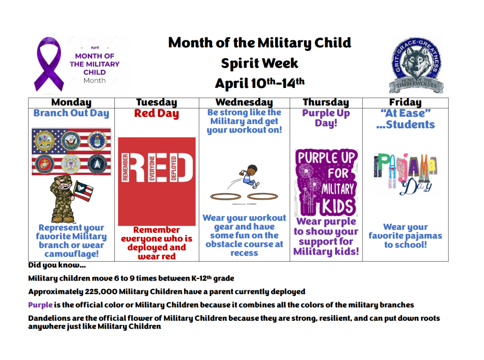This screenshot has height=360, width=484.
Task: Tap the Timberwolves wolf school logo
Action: (x=416, y=65)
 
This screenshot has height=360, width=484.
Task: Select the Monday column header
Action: (x=71, y=102)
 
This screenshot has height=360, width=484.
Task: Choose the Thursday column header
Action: (x=326, y=102)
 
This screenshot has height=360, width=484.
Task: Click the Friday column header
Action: (x=405, y=102)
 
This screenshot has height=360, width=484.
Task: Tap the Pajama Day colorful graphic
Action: (x=405, y=174)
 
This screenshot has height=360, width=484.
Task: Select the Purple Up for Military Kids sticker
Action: (x=326, y=183)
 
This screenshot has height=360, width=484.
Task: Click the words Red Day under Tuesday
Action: (x=156, y=114)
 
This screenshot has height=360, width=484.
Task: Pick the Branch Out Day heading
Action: (x=71, y=113)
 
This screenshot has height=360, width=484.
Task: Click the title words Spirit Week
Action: (x=259, y=63)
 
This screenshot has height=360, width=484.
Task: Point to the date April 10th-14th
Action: (x=259, y=83)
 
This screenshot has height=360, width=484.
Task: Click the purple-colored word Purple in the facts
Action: (x=40, y=305)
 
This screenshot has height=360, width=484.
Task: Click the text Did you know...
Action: (x=57, y=265)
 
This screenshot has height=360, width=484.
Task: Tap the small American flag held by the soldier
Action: (x=83, y=191)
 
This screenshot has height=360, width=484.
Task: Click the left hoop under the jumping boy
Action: (x=225, y=196)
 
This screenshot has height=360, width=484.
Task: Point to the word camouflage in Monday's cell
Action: (x=71, y=254)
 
